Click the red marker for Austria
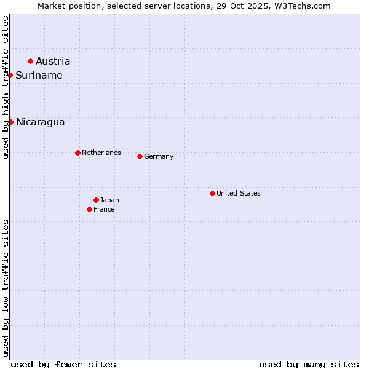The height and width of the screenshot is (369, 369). coord(30,61)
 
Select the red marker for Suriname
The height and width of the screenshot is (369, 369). coord(10,75)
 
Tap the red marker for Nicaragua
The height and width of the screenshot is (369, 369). coord(10,122)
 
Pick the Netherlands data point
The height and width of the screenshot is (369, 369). coord(77,153)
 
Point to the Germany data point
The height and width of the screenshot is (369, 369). coord(140,156)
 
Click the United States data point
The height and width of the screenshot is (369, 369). coord(212,193)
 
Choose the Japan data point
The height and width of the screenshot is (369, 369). coord(96,200)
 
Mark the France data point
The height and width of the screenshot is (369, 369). coord(89,209)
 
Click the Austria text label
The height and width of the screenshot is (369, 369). coord(53,61)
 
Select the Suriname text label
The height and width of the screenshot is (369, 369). coord(39,75)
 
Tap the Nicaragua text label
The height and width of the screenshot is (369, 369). coord(40,122)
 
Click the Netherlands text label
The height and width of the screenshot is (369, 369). coord(101,153)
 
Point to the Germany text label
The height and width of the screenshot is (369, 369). coord(159,156)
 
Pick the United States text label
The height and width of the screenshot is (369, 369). coord(239,193)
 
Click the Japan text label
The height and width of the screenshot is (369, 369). coord(109,200)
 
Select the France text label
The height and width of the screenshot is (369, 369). coord(104,209)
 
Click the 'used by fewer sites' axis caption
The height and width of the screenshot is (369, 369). coord(63,364)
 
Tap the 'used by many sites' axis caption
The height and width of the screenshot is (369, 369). coord(309,364)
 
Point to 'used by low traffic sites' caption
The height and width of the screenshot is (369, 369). coord(6,288)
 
